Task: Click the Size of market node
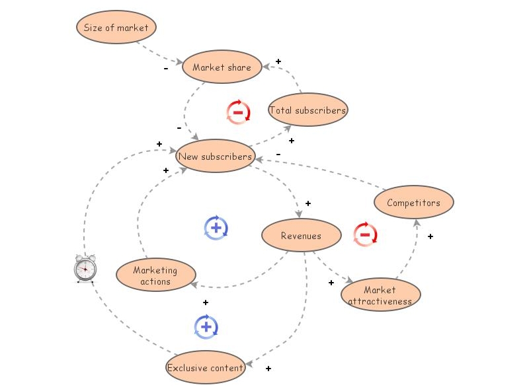(x=116, y=28)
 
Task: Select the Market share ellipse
(x=222, y=67)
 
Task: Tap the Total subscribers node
(x=307, y=110)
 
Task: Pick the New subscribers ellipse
(x=216, y=157)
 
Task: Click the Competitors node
(x=414, y=203)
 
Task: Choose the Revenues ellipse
(x=301, y=236)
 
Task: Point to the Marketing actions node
(x=156, y=275)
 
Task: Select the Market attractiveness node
(x=380, y=295)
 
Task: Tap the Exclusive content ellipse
(x=206, y=368)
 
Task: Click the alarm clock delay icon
(x=85, y=268)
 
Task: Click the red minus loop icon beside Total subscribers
(x=238, y=112)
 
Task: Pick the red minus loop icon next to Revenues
(x=365, y=234)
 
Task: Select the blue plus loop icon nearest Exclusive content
(x=206, y=326)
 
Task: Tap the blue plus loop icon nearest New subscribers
(x=216, y=228)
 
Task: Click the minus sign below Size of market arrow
(x=166, y=68)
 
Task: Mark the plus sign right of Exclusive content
(x=268, y=369)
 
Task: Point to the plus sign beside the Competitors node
(x=430, y=236)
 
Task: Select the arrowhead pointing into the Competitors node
(x=417, y=221)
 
